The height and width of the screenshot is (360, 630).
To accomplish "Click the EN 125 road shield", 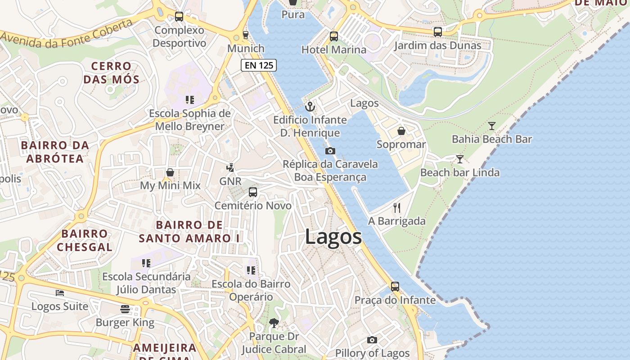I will pos(259,65).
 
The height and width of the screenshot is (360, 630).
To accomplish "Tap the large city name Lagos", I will pos(333,237).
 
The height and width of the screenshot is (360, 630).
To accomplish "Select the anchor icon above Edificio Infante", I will pos(310,107).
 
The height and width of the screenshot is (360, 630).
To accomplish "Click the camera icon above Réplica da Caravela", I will pos(330,151).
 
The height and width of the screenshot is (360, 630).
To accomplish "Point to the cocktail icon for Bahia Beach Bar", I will pos(492,126).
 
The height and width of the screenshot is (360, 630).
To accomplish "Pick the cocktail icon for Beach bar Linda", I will pos(459,159).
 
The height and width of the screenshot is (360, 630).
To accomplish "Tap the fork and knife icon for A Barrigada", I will pos(397,207).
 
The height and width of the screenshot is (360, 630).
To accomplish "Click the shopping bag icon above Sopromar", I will pos(401,131).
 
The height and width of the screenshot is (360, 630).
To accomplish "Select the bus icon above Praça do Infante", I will pos(395,287).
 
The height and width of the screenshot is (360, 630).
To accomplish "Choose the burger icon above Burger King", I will pos(125,309).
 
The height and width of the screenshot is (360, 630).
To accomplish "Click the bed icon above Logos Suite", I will pos(60,293).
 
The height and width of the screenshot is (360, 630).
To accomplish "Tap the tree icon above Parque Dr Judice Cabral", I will pos(274,323).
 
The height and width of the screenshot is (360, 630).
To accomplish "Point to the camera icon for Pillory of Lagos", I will pos(372,340).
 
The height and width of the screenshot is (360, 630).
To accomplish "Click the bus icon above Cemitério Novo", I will pos(253,192).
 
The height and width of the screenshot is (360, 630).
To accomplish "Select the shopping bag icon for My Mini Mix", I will pos(170,172).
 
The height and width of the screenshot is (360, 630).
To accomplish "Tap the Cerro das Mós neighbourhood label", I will pos(112,73).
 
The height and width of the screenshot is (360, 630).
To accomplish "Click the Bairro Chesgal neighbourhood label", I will pos(85,240).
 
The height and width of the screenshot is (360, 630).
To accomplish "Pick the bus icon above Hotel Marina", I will pos(333,36).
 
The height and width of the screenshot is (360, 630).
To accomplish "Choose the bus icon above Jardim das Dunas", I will pos(437,32).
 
